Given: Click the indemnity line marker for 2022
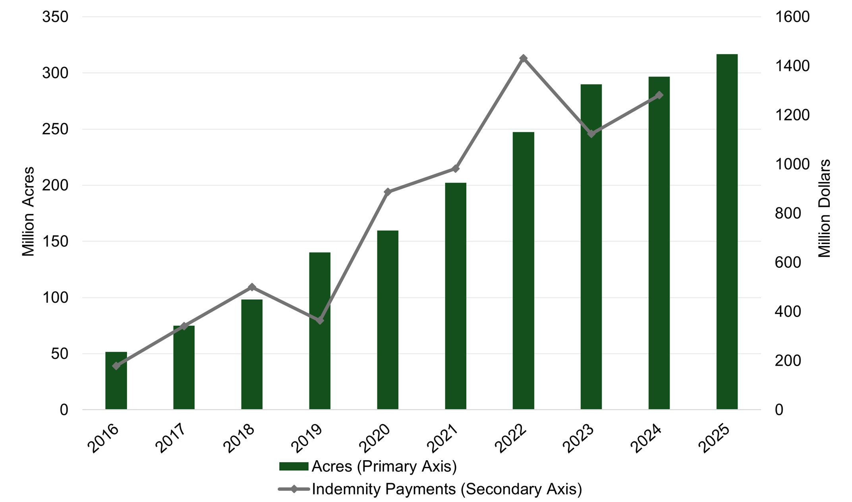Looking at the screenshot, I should (524, 58).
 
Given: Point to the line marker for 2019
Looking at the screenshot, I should (320, 320).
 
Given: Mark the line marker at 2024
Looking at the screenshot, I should (659, 95).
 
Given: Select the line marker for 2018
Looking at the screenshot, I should (252, 287).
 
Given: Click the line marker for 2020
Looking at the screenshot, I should (388, 192).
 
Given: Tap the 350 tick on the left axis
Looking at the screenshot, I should (55, 17).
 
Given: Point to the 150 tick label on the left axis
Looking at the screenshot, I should (55, 242).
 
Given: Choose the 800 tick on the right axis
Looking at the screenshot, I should (788, 213).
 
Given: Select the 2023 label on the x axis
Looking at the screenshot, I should (580, 439).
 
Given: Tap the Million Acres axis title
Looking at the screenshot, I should (28, 211).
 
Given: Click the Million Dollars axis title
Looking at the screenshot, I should (825, 209).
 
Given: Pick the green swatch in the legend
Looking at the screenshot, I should (294, 466).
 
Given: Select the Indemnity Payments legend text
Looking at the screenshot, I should (447, 489).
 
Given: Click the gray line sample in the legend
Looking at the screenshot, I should (294, 489).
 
